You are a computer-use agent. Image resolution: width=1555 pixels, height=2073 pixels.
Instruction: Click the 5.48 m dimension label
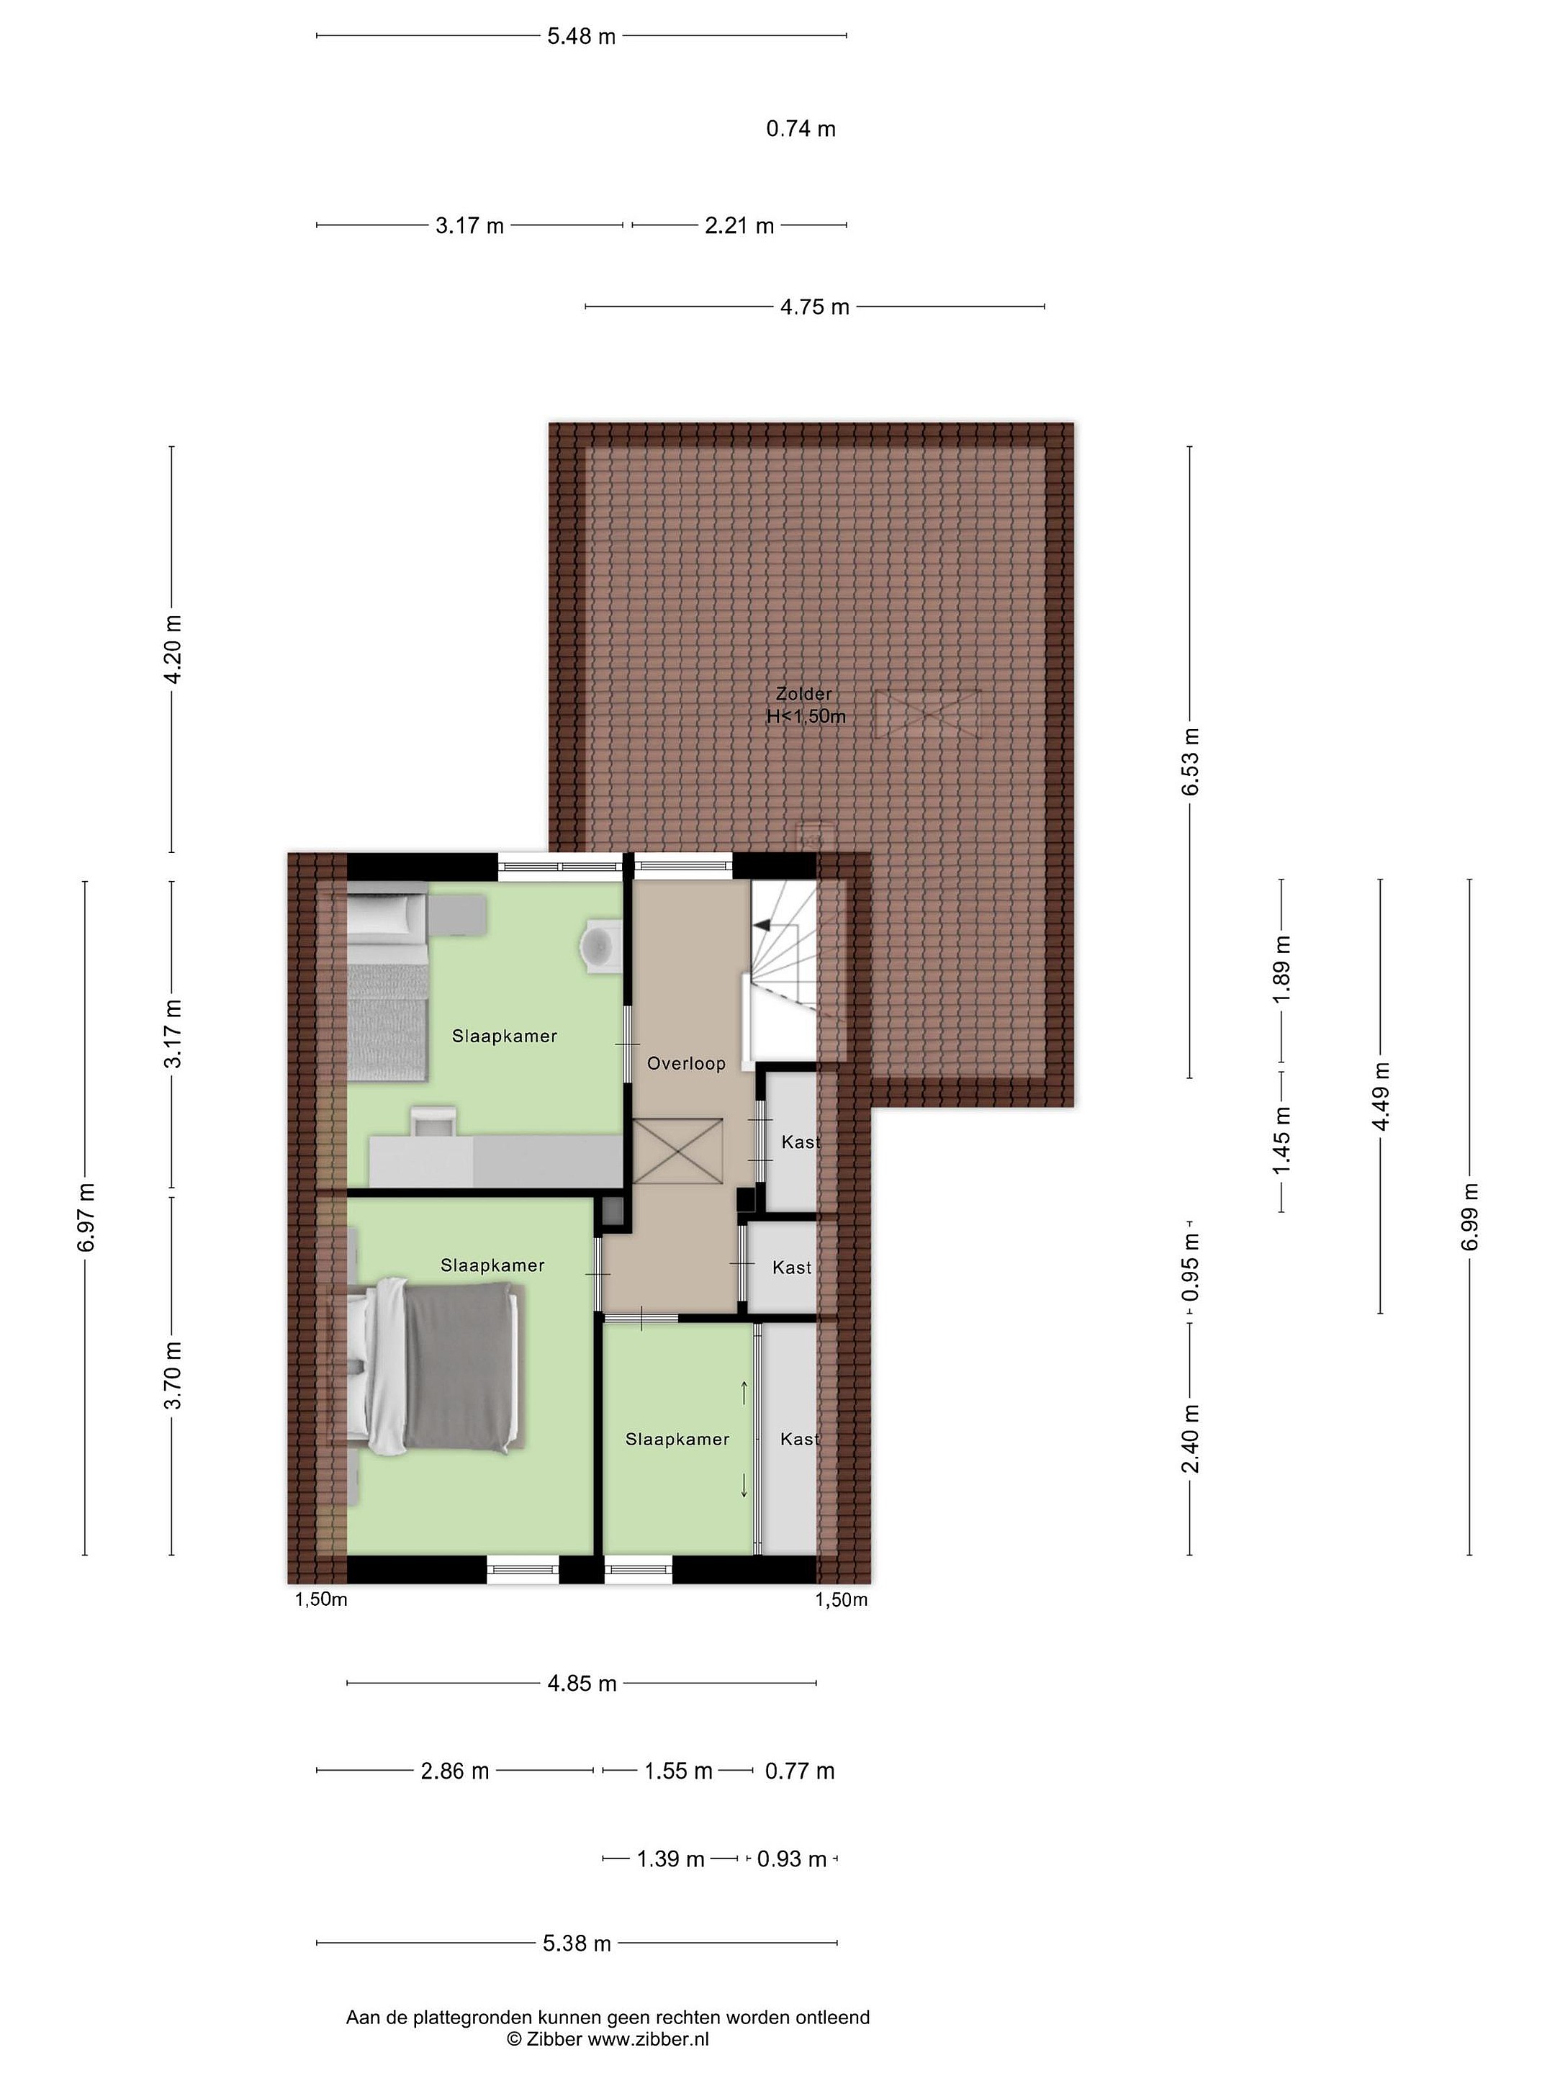(581, 37)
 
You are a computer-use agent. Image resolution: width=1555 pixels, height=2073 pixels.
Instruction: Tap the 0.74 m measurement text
(801, 128)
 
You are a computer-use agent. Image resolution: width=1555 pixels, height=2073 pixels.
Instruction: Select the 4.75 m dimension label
(814, 307)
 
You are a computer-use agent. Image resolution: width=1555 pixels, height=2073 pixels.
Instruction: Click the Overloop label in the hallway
(686, 1064)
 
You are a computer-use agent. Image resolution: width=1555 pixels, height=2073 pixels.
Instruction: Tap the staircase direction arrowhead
(762, 925)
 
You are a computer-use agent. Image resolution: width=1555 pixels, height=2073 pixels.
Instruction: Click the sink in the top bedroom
(599, 941)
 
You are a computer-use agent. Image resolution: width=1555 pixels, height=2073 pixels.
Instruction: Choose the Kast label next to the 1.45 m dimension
(801, 1142)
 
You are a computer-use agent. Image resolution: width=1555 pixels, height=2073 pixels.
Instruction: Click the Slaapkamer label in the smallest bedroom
(677, 1440)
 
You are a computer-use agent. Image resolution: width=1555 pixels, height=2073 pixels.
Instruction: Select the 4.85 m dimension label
(582, 1683)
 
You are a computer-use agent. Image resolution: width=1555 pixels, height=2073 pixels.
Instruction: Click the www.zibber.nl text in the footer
(648, 2038)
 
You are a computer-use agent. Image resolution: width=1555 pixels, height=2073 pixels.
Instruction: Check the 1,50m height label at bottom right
(842, 1599)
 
